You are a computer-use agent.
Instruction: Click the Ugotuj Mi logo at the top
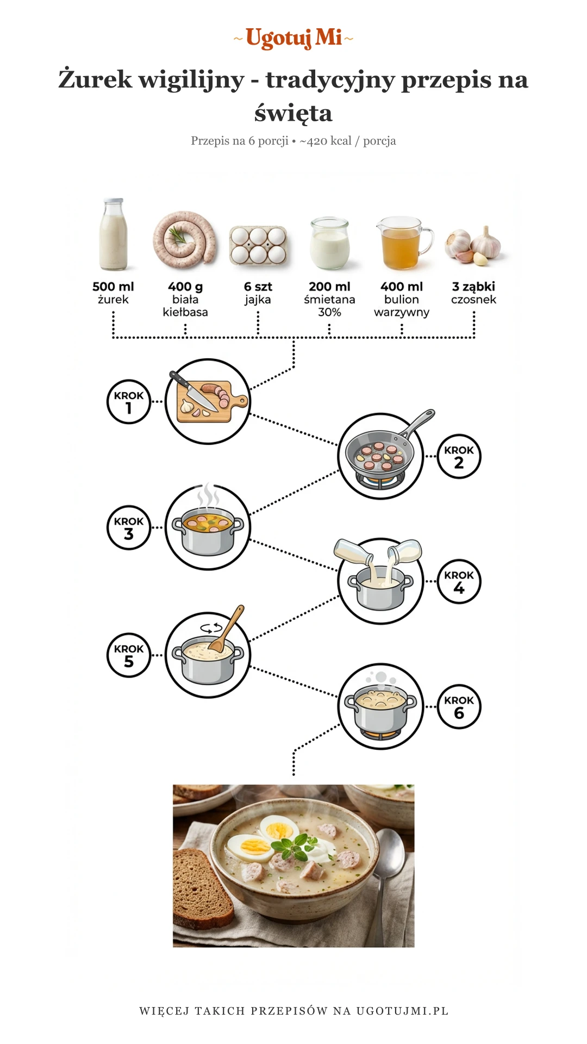(x=293, y=38)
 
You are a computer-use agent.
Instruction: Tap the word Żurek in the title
(x=95, y=79)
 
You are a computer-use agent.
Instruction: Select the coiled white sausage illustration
(x=184, y=239)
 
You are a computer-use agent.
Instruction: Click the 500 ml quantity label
(x=113, y=287)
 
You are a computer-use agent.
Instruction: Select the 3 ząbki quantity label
(x=473, y=287)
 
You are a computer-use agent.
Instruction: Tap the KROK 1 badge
(x=129, y=401)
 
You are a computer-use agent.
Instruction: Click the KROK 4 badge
(x=459, y=581)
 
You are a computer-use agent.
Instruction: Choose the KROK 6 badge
(x=459, y=706)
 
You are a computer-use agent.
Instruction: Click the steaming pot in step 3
(x=208, y=530)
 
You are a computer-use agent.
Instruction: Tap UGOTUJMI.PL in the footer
(x=402, y=1011)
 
